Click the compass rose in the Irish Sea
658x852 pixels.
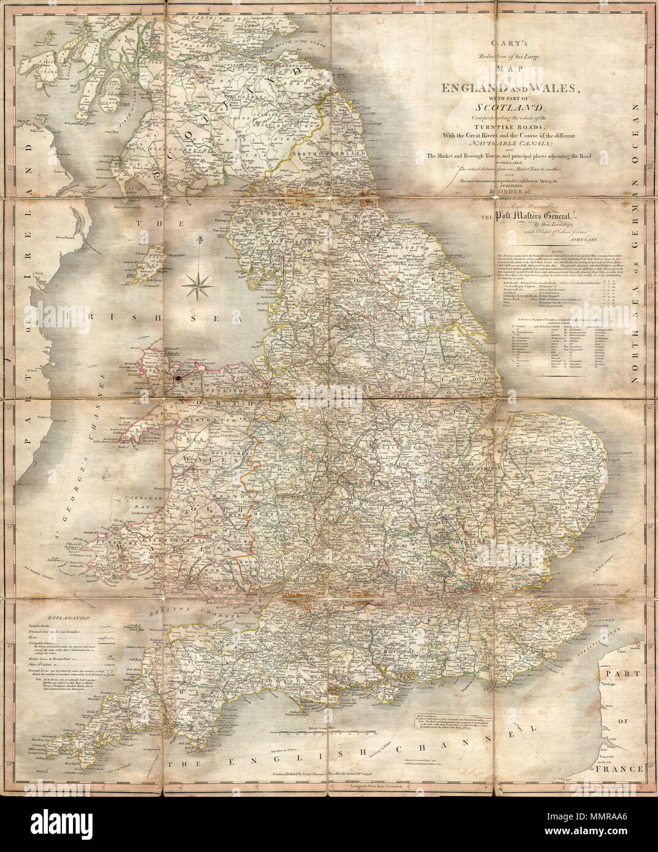click(x=197, y=281)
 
